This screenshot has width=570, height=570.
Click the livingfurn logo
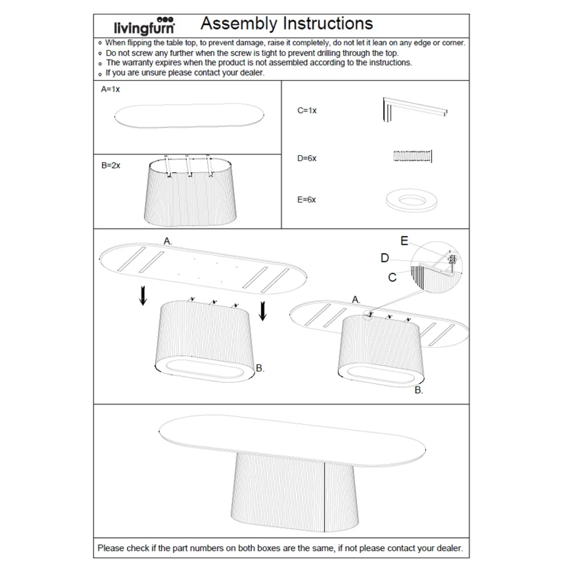click(x=144, y=26)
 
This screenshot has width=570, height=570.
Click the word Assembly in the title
click(x=238, y=24)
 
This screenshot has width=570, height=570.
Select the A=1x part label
click(x=110, y=89)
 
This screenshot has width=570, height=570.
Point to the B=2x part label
click(x=111, y=165)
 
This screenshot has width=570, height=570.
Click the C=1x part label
click(x=307, y=110)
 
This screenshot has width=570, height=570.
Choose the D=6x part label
click(x=307, y=158)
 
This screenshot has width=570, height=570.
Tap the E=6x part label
click(x=307, y=200)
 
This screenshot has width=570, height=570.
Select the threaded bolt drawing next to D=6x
click(x=412, y=156)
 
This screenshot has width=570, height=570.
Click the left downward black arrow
click(x=143, y=295)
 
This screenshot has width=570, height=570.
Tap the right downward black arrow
click(x=263, y=311)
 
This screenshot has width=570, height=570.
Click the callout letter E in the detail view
click(x=404, y=241)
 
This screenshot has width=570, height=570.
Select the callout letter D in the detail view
click(x=384, y=258)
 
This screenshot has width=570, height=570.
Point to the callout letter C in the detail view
click(x=392, y=278)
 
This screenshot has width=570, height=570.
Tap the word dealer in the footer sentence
click(x=449, y=548)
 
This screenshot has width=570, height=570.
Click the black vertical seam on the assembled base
click(x=324, y=497)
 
